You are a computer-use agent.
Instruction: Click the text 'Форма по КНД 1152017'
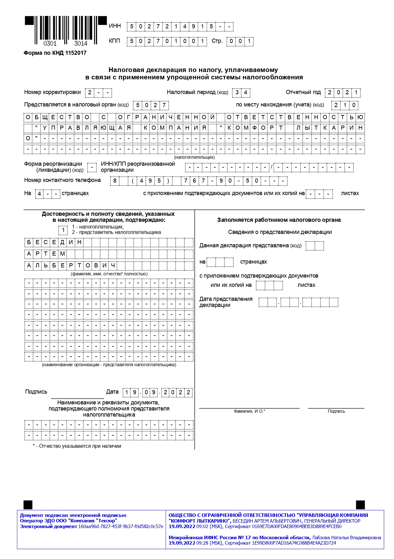[x=55, y=53]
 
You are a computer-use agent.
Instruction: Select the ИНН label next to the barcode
[x=115, y=26]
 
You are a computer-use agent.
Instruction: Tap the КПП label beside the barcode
[x=115, y=41]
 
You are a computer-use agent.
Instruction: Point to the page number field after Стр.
[x=240, y=41]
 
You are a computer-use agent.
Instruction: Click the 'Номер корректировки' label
[x=53, y=92]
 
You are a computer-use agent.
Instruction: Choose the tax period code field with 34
[x=241, y=92]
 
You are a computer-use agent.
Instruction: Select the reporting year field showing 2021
[x=342, y=92]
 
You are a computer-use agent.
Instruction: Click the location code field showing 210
[x=345, y=105]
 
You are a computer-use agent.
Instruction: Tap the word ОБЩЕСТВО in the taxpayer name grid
[x=57, y=117]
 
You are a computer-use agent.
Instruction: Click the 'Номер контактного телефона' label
[x=62, y=180]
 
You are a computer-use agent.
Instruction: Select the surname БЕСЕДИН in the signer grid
[x=54, y=242]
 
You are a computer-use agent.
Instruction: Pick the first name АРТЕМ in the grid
[x=46, y=254]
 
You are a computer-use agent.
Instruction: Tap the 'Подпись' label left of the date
[x=36, y=392]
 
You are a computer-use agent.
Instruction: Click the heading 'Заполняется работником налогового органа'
[x=279, y=220]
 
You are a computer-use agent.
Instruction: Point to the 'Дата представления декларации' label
[x=226, y=302]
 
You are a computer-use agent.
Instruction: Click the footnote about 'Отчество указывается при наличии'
[x=77, y=446]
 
